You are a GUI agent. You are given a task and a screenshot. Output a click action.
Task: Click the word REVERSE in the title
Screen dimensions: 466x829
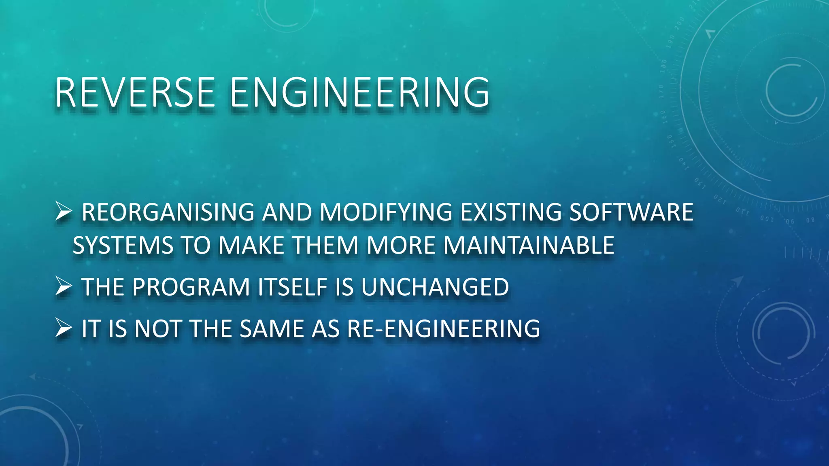click(135, 93)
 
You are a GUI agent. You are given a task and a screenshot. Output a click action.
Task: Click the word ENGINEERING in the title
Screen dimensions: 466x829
click(359, 93)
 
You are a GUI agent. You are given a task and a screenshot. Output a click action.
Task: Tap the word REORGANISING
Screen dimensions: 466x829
click(168, 212)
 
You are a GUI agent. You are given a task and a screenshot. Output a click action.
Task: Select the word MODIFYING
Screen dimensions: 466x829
click(386, 212)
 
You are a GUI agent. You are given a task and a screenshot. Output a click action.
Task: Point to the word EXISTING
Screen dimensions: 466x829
click(510, 212)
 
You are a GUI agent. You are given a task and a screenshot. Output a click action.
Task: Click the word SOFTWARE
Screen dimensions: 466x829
click(631, 212)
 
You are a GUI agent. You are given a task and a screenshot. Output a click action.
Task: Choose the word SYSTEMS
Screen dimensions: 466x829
click(123, 246)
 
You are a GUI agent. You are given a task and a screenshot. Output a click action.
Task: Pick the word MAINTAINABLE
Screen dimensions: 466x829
click(529, 246)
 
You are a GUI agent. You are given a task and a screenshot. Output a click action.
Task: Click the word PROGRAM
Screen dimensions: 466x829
click(191, 287)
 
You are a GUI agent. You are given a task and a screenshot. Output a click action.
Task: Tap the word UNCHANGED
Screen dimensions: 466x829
click(435, 287)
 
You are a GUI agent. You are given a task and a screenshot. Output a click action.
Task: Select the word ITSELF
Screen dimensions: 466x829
click(293, 287)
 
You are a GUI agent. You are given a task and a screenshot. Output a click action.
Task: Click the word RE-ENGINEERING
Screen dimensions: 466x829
click(443, 328)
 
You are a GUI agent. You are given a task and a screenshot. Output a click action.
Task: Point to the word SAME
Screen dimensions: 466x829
click(272, 328)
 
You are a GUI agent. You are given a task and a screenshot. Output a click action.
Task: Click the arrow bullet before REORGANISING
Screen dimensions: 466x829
click(64, 212)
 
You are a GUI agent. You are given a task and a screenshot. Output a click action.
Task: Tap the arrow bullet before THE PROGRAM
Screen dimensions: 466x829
click(64, 287)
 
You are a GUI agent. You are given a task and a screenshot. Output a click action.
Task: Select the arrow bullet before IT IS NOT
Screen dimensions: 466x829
click(64, 328)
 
